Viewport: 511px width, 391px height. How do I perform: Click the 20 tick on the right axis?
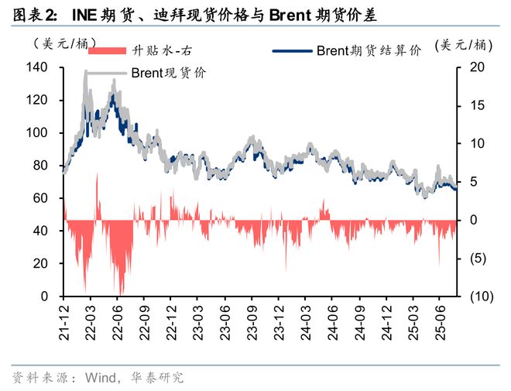pyautogui.click(x=478, y=68)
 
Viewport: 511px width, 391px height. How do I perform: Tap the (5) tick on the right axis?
pyautogui.click(x=478, y=258)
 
